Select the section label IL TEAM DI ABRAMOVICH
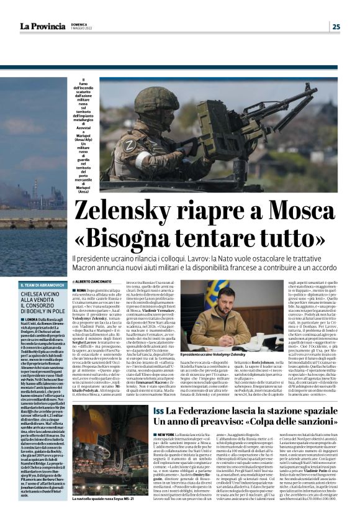(x=41, y=284)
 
